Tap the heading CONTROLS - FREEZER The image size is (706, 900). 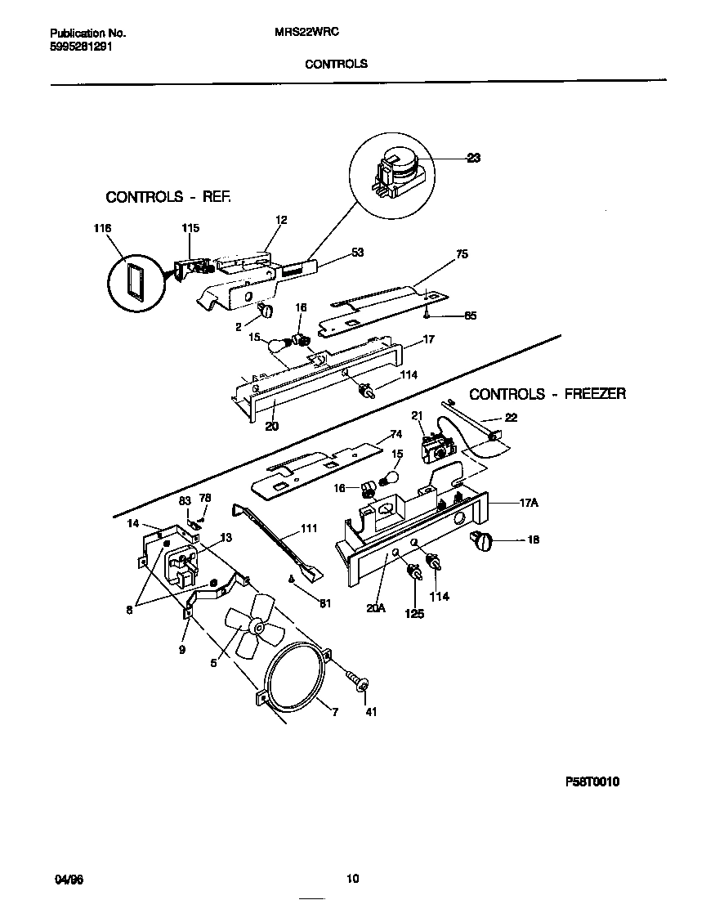click(547, 394)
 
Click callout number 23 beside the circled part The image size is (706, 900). click(473, 159)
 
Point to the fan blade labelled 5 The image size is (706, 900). click(254, 626)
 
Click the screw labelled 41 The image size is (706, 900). click(356, 679)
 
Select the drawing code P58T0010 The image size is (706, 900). click(592, 781)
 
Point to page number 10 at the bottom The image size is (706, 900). click(352, 880)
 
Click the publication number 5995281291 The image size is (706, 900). click(81, 47)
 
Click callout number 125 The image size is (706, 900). click(414, 613)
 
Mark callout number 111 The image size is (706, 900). click(308, 529)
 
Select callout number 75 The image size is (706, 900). click(462, 255)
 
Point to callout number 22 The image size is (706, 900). click(511, 419)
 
